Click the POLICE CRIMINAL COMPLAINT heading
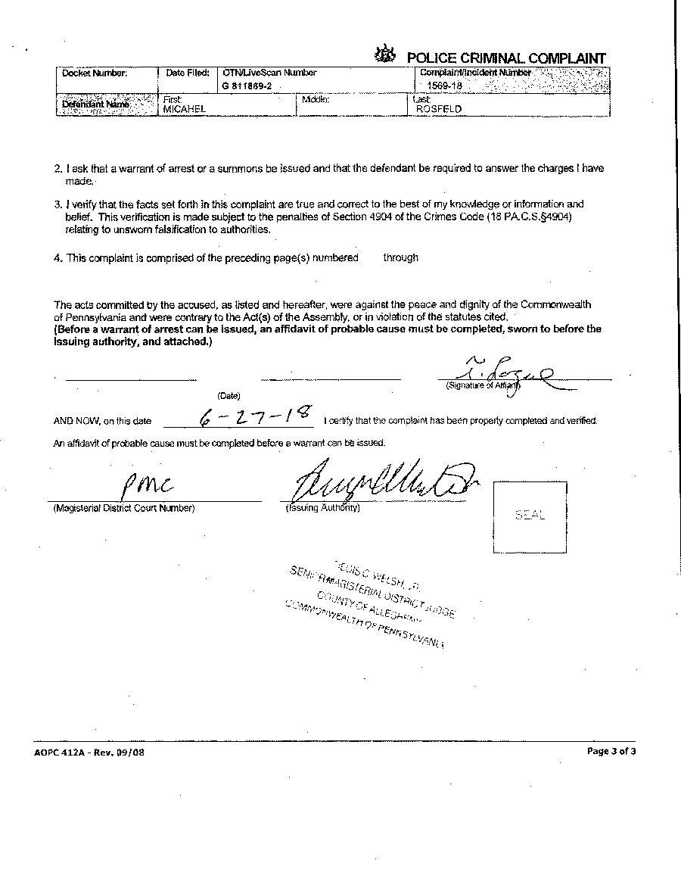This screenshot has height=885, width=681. pyautogui.click(x=506, y=58)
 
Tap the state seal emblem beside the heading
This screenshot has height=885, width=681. pyautogui.click(x=385, y=55)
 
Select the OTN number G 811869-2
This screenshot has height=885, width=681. pyautogui.click(x=247, y=87)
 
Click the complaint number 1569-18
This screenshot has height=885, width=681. pyautogui.click(x=445, y=86)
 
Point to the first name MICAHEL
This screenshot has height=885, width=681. pyautogui.click(x=185, y=109)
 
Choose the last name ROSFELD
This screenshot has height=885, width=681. pyautogui.click(x=439, y=109)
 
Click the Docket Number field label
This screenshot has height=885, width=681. pyautogui.click(x=95, y=73)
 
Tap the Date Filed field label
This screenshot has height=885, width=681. pyautogui.click(x=187, y=73)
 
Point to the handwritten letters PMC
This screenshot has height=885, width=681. pyautogui.click(x=146, y=482)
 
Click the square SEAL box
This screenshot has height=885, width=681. pyautogui.click(x=530, y=515)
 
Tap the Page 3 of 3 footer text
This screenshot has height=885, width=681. pyautogui.click(x=611, y=752)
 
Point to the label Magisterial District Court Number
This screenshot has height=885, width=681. pyautogui.click(x=124, y=508)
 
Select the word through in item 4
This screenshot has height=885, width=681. pyautogui.click(x=400, y=257)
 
